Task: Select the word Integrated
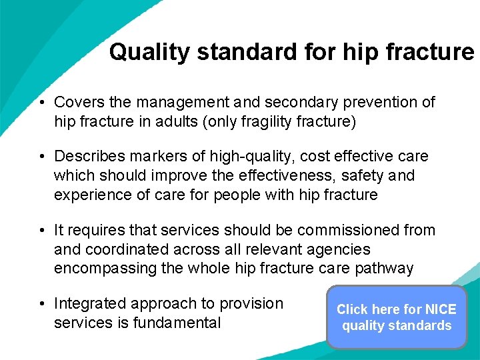[x=89, y=304]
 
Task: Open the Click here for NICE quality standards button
[x=397, y=317]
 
